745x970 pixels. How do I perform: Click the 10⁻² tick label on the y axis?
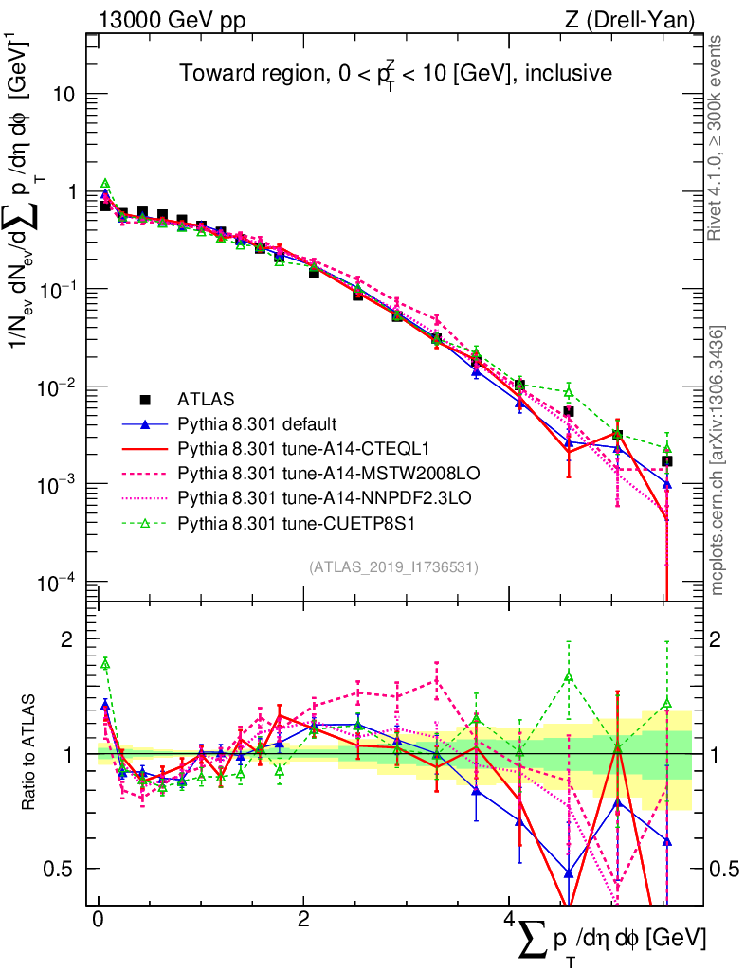coord(68,387)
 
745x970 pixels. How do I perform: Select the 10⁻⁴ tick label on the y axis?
coord(68,582)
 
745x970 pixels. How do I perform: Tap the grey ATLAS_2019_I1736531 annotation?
coord(393,567)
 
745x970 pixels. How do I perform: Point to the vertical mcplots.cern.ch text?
coord(718,460)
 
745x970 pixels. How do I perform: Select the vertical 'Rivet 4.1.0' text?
coord(718,137)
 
